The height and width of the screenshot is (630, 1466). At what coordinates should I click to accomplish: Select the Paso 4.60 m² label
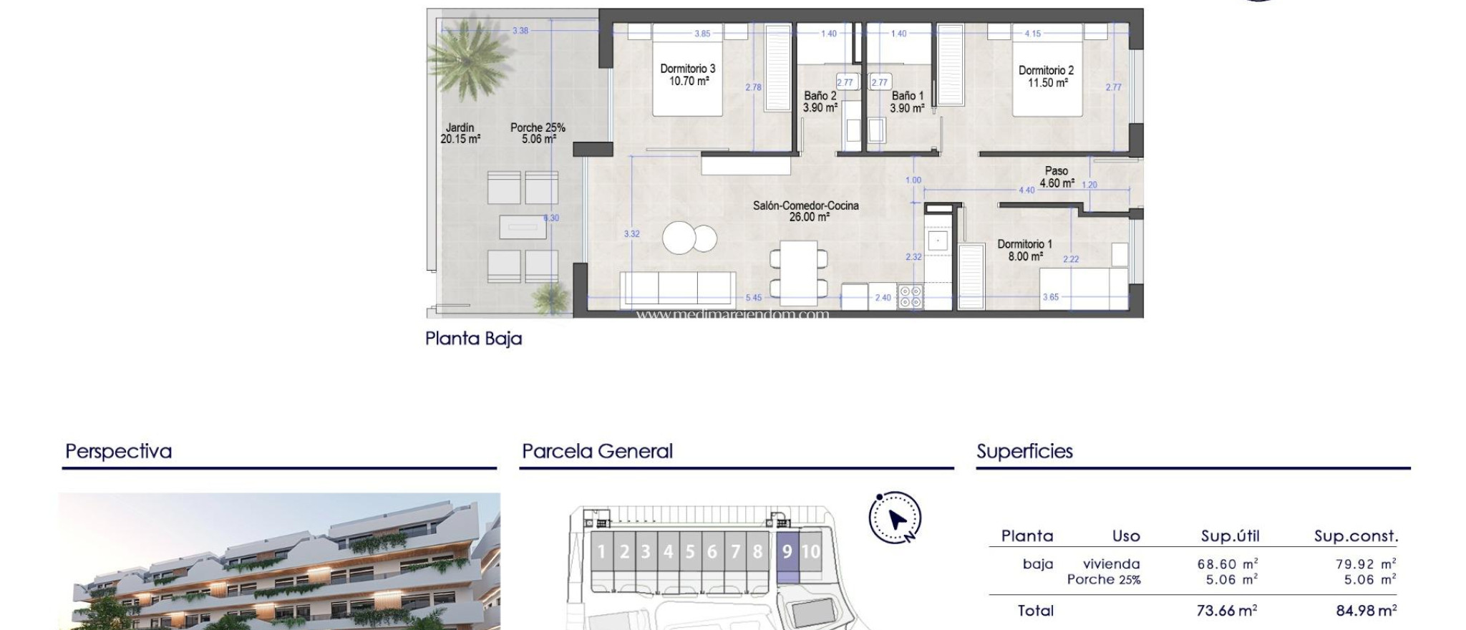pos(1056,177)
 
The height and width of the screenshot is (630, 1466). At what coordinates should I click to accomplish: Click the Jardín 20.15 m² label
pos(460,133)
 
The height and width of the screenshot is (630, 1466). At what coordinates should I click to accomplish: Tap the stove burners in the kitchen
pos(911,297)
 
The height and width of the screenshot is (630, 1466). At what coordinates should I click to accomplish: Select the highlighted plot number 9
pos(787,552)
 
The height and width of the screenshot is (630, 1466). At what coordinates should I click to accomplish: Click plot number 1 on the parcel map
pos(602,552)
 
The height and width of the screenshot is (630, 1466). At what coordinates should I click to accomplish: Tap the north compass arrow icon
pos(895,518)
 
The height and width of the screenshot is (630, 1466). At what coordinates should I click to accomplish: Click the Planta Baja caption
pos(473,339)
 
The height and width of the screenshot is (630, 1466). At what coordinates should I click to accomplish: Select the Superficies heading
pos(1024,452)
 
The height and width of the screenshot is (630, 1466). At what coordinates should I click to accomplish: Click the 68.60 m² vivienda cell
pos(1227,564)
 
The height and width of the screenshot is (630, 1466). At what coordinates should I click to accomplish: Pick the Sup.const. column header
pos(1355,536)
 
